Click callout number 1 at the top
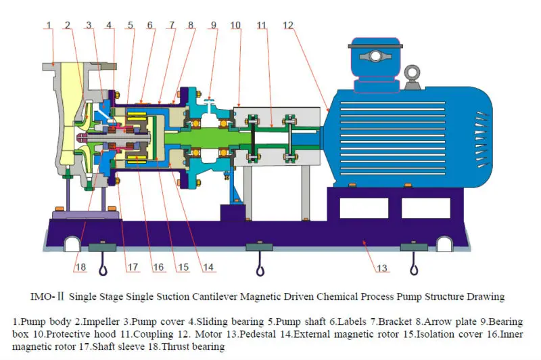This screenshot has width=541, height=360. point(49,25)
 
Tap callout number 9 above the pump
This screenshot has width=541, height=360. point(214,25)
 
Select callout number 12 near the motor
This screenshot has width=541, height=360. point(288,25)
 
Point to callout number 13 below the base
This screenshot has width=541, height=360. point(381,268)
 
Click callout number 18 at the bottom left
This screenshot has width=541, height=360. point(80,267)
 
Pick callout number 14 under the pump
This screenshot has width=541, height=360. point(208,267)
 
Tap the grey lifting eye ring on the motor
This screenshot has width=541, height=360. point(413,73)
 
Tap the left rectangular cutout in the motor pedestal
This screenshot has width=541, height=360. point(364,208)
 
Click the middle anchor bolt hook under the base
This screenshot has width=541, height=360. point(260,264)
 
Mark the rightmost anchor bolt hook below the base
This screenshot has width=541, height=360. point(414,263)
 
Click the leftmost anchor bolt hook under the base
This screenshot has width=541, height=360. point(103,264)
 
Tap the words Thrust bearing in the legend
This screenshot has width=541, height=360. point(193,346)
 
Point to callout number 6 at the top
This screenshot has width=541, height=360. point(149,25)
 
